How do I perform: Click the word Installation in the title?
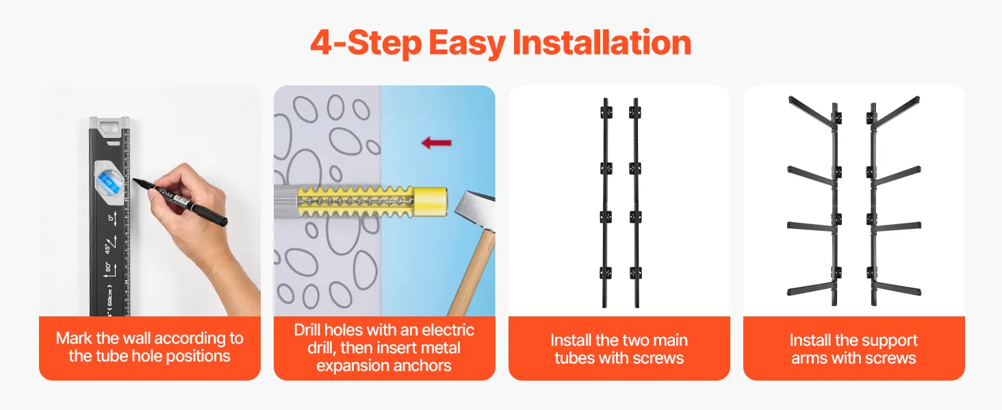coord(602,43)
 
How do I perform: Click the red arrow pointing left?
coord(437,143)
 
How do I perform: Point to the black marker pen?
coord(180,201)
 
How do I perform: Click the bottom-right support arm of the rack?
coord(897,289)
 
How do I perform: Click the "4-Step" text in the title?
coord(366,43)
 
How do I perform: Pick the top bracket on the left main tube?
coord(606,111)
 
